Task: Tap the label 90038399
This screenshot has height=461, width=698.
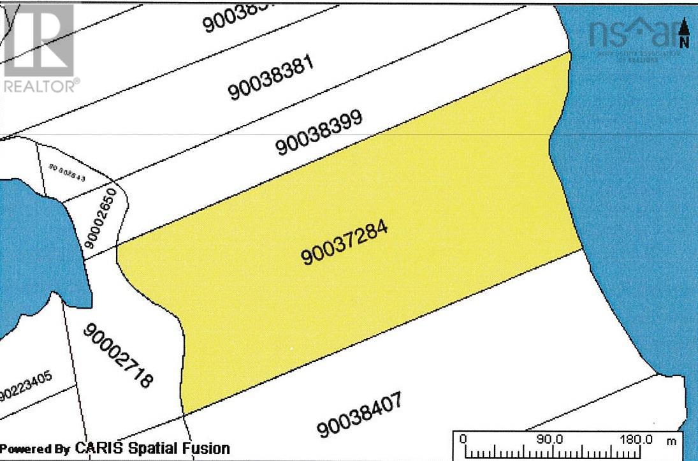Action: (x=319, y=133)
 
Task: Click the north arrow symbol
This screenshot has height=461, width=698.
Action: (x=685, y=27)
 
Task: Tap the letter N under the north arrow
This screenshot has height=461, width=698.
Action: (x=685, y=43)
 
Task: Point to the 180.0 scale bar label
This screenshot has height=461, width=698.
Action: (x=635, y=439)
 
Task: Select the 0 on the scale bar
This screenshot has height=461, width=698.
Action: (x=463, y=439)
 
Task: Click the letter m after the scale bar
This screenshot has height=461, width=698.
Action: (x=671, y=440)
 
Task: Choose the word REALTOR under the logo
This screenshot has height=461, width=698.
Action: (x=40, y=85)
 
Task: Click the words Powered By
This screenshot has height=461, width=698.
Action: (x=35, y=448)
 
